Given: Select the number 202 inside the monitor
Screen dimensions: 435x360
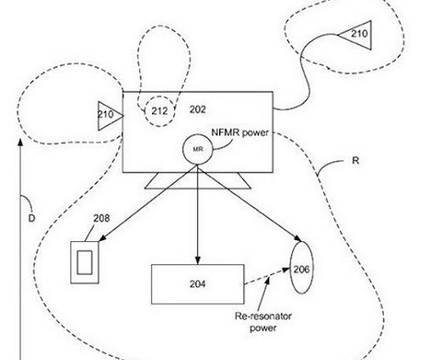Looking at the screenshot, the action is [x=198, y=110].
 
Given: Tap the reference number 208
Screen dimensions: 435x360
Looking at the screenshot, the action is [x=102, y=218].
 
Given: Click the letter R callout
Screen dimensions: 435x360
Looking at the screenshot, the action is [x=355, y=160].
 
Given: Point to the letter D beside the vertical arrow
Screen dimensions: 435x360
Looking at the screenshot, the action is [x=31, y=218].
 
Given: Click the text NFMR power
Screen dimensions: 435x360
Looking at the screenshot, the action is [x=240, y=132].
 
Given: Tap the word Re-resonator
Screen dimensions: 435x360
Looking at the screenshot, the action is [x=263, y=316].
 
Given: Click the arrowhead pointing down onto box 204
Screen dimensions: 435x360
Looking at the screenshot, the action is [x=198, y=260].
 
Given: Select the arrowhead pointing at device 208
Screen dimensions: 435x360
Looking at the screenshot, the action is [x=102, y=238].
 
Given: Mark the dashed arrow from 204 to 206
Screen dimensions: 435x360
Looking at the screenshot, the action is [x=267, y=276].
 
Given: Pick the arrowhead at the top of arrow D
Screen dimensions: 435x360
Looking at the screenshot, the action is [x=20, y=142].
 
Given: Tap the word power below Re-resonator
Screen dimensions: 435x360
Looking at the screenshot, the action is [x=263, y=329].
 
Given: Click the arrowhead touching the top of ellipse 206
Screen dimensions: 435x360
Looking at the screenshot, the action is [x=297, y=238].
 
